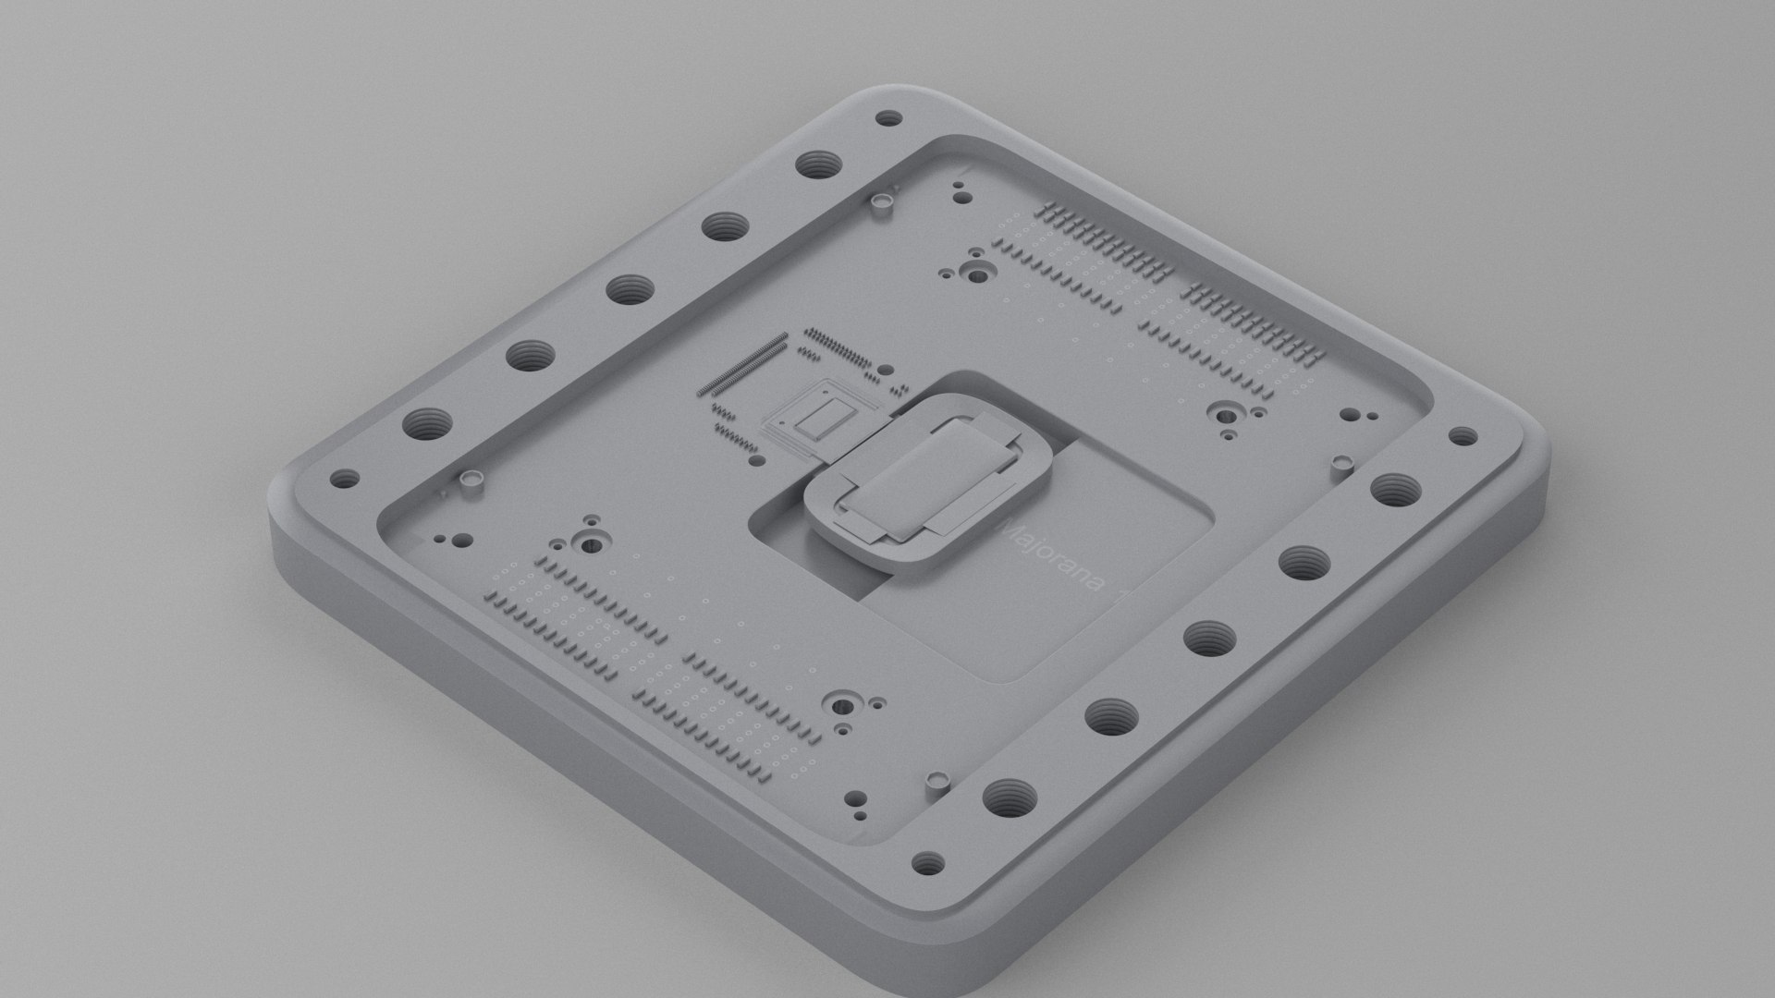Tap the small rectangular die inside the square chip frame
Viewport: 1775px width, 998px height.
(x=814, y=420)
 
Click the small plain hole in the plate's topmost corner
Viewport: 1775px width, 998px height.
(x=888, y=118)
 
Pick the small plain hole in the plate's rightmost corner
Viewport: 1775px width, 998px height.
(x=1462, y=436)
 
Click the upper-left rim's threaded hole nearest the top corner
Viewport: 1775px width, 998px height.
(x=817, y=166)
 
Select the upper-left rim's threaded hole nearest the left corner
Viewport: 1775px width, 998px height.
(x=427, y=426)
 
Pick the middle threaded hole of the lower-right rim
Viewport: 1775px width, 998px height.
(x=1208, y=637)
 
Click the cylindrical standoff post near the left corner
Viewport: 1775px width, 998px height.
(x=474, y=482)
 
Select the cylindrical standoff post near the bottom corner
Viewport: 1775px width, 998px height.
(x=938, y=782)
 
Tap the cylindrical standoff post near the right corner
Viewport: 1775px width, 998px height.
(x=1341, y=461)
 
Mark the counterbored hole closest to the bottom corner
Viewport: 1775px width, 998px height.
(x=841, y=707)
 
